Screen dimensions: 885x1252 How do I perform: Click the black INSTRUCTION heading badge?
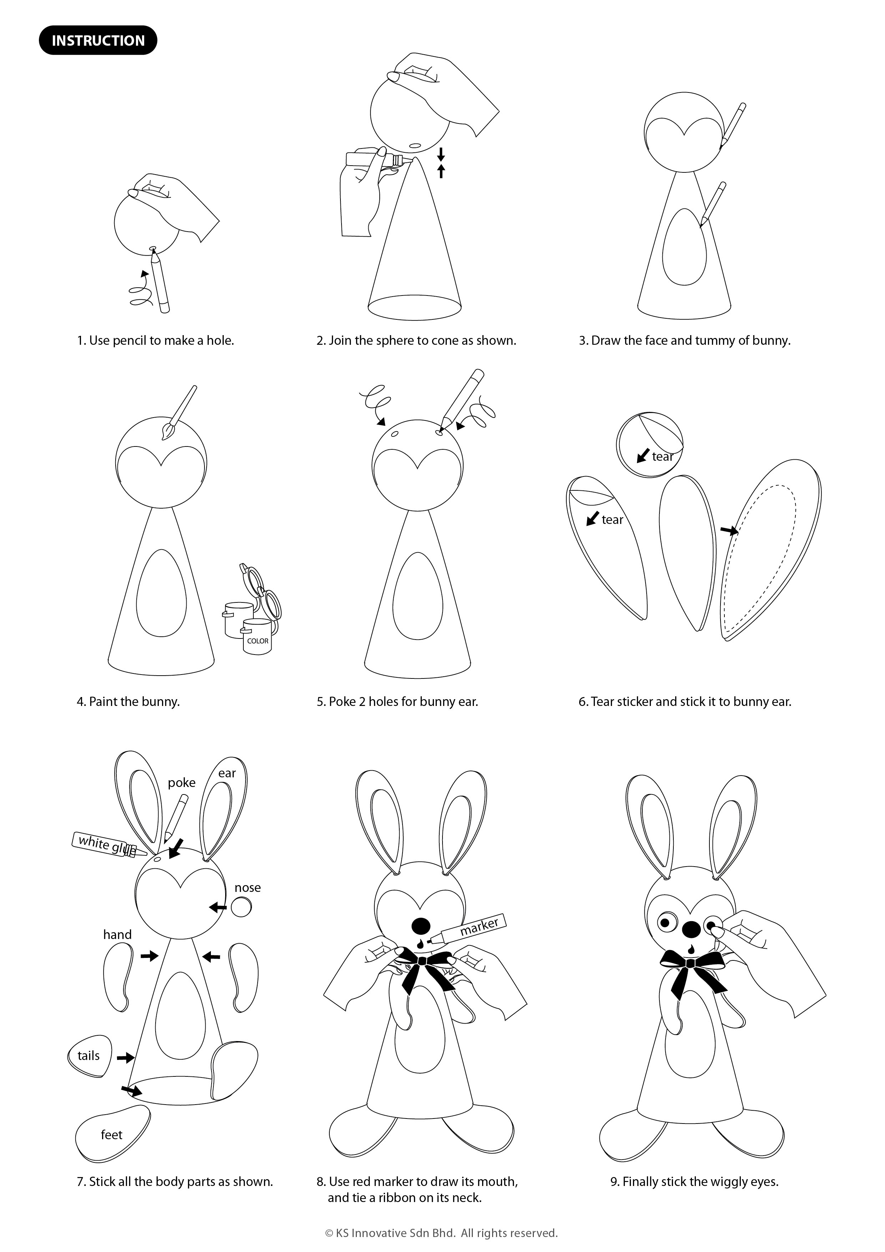tap(98, 40)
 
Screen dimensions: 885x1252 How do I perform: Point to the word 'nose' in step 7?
tap(248, 887)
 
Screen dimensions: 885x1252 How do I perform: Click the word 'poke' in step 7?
tap(182, 783)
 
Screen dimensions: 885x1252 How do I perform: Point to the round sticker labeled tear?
tap(649, 445)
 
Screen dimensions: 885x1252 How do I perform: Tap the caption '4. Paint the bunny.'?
tap(128, 702)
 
